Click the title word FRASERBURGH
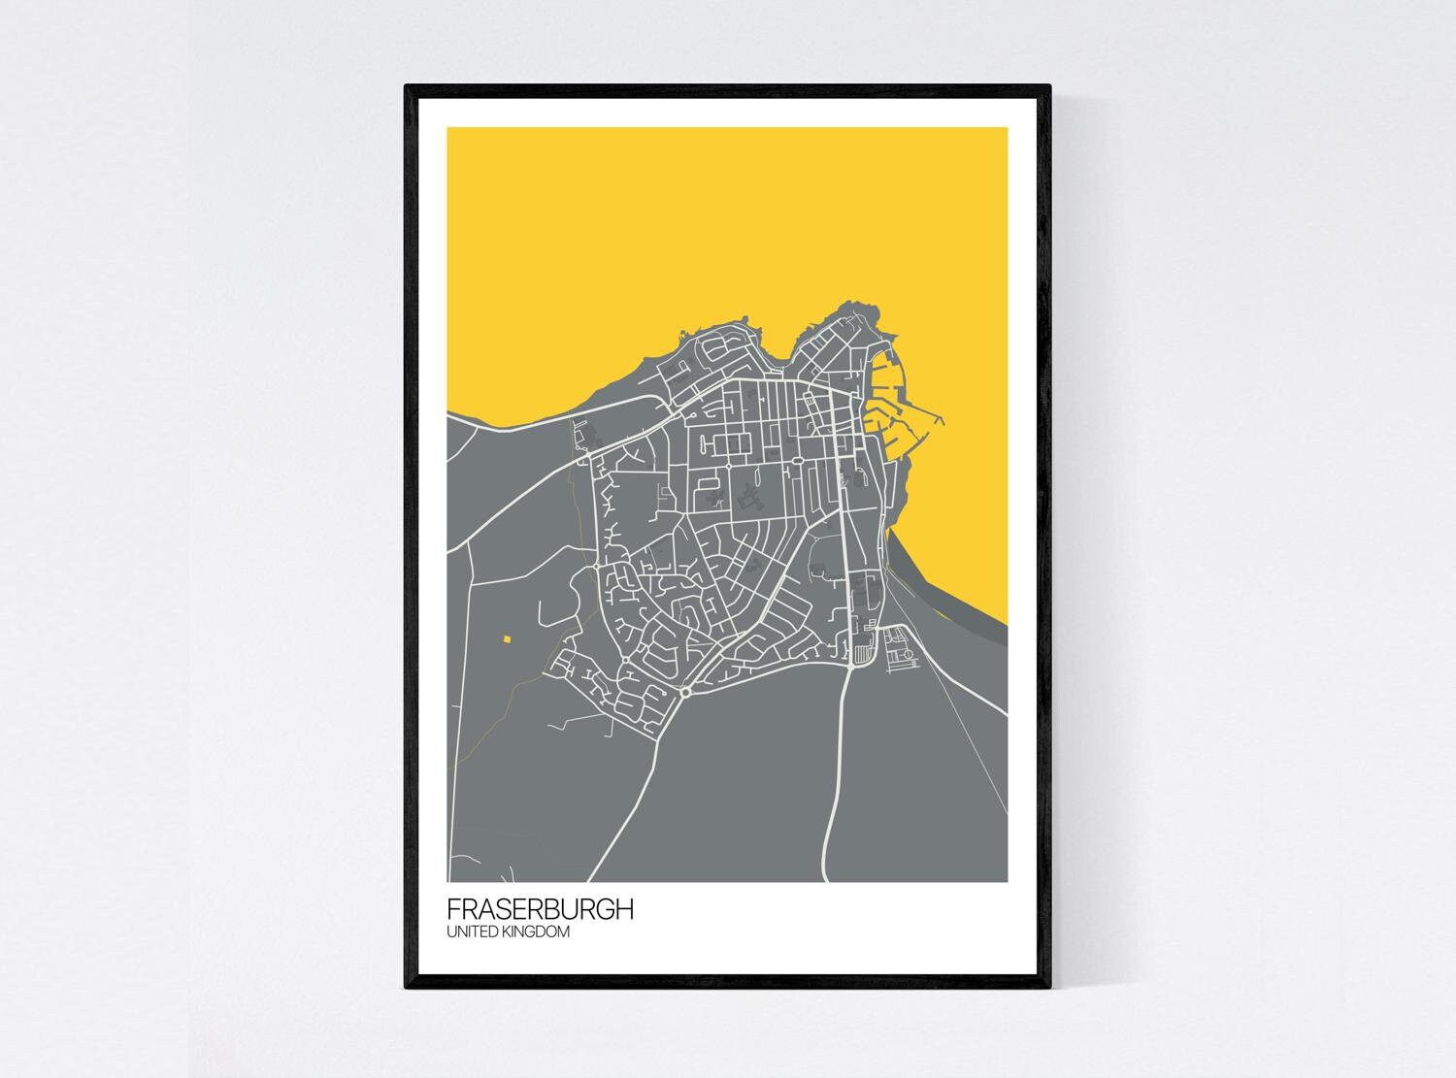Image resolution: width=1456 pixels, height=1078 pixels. click(x=541, y=910)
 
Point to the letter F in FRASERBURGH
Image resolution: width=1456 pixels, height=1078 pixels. click(x=453, y=910)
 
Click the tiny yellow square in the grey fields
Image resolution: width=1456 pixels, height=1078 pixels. click(x=506, y=638)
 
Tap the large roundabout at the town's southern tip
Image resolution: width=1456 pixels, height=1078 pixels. click(x=685, y=692)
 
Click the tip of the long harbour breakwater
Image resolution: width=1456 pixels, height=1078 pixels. click(x=943, y=418)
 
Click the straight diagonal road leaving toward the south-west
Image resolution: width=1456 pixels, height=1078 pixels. click(x=621, y=796)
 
